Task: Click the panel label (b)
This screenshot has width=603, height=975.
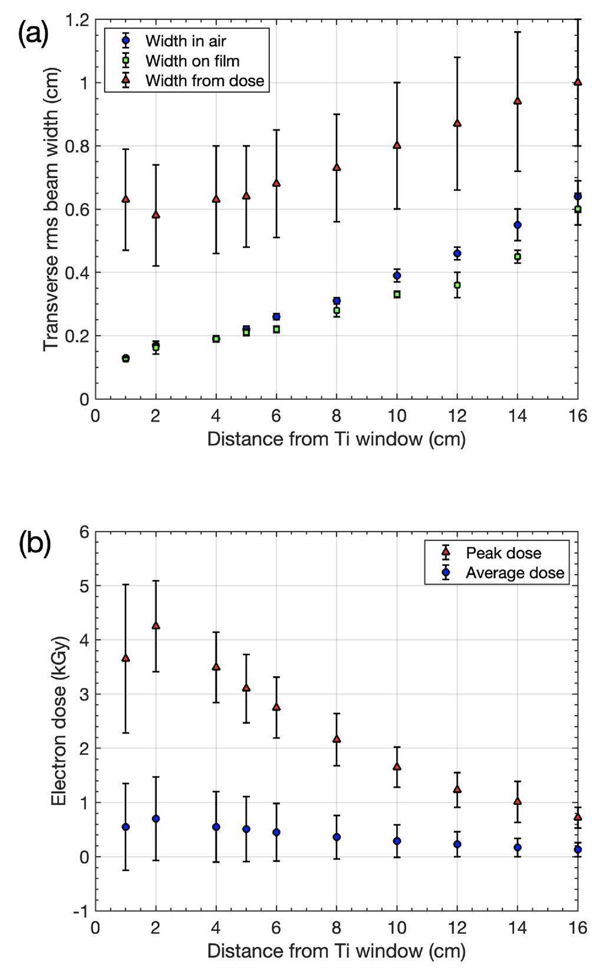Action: coord(35,544)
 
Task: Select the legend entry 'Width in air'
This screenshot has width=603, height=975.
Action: coord(186,41)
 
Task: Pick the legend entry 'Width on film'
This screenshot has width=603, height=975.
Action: coord(192,61)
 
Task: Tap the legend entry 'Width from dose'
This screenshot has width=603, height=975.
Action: coord(205,80)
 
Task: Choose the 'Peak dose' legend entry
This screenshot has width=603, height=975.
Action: coord(503,553)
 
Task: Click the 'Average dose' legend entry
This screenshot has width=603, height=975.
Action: coord(515,573)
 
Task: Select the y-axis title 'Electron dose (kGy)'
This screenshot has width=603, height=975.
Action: coord(59,721)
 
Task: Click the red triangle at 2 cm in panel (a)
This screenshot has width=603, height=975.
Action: coord(156,215)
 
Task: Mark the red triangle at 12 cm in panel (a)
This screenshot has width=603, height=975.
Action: coord(457,123)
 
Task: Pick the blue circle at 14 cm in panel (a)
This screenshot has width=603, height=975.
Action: coord(518,225)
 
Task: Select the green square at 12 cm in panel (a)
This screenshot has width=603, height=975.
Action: coord(457,285)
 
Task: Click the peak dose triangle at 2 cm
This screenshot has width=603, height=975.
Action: coord(156,625)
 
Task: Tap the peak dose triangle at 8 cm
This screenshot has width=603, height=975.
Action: coord(337,739)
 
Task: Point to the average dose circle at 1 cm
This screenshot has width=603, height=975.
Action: coord(126,827)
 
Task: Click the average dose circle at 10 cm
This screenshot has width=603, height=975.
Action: coord(397,841)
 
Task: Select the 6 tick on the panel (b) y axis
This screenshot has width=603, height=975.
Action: coord(84,532)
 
